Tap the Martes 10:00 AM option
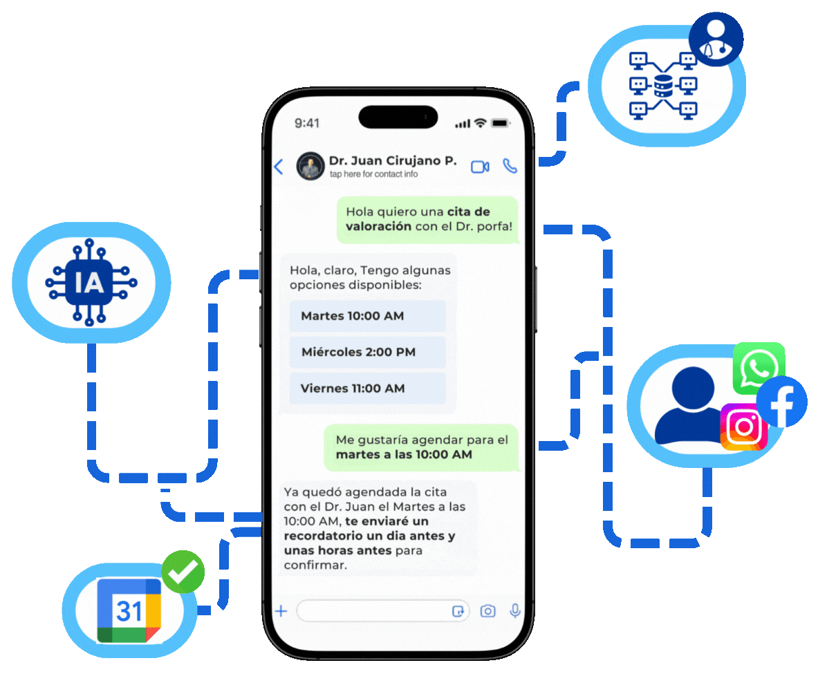click(x=367, y=316)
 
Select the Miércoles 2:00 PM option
click(x=367, y=352)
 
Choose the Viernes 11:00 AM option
click(x=367, y=389)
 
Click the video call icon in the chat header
click(x=480, y=167)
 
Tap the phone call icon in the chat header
click(x=510, y=166)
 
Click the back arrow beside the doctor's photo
click(x=279, y=167)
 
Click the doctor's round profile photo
click(x=310, y=167)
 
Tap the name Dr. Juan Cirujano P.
click(x=392, y=160)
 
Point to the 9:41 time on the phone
click(x=307, y=123)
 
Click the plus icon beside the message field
click(x=281, y=610)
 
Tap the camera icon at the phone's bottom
click(x=488, y=610)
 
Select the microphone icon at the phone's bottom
click(x=514, y=610)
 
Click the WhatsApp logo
click(x=758, y=367)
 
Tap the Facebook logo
click(x=781, y=402)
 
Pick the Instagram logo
click(x=744, y=427)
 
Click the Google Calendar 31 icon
click(x=129, y=610)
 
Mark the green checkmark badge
click(x=183, y=572)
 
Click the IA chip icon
click(x=91, y=283)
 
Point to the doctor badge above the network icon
click(x=716, y=39)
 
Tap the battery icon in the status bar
click(x=500, y=123)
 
